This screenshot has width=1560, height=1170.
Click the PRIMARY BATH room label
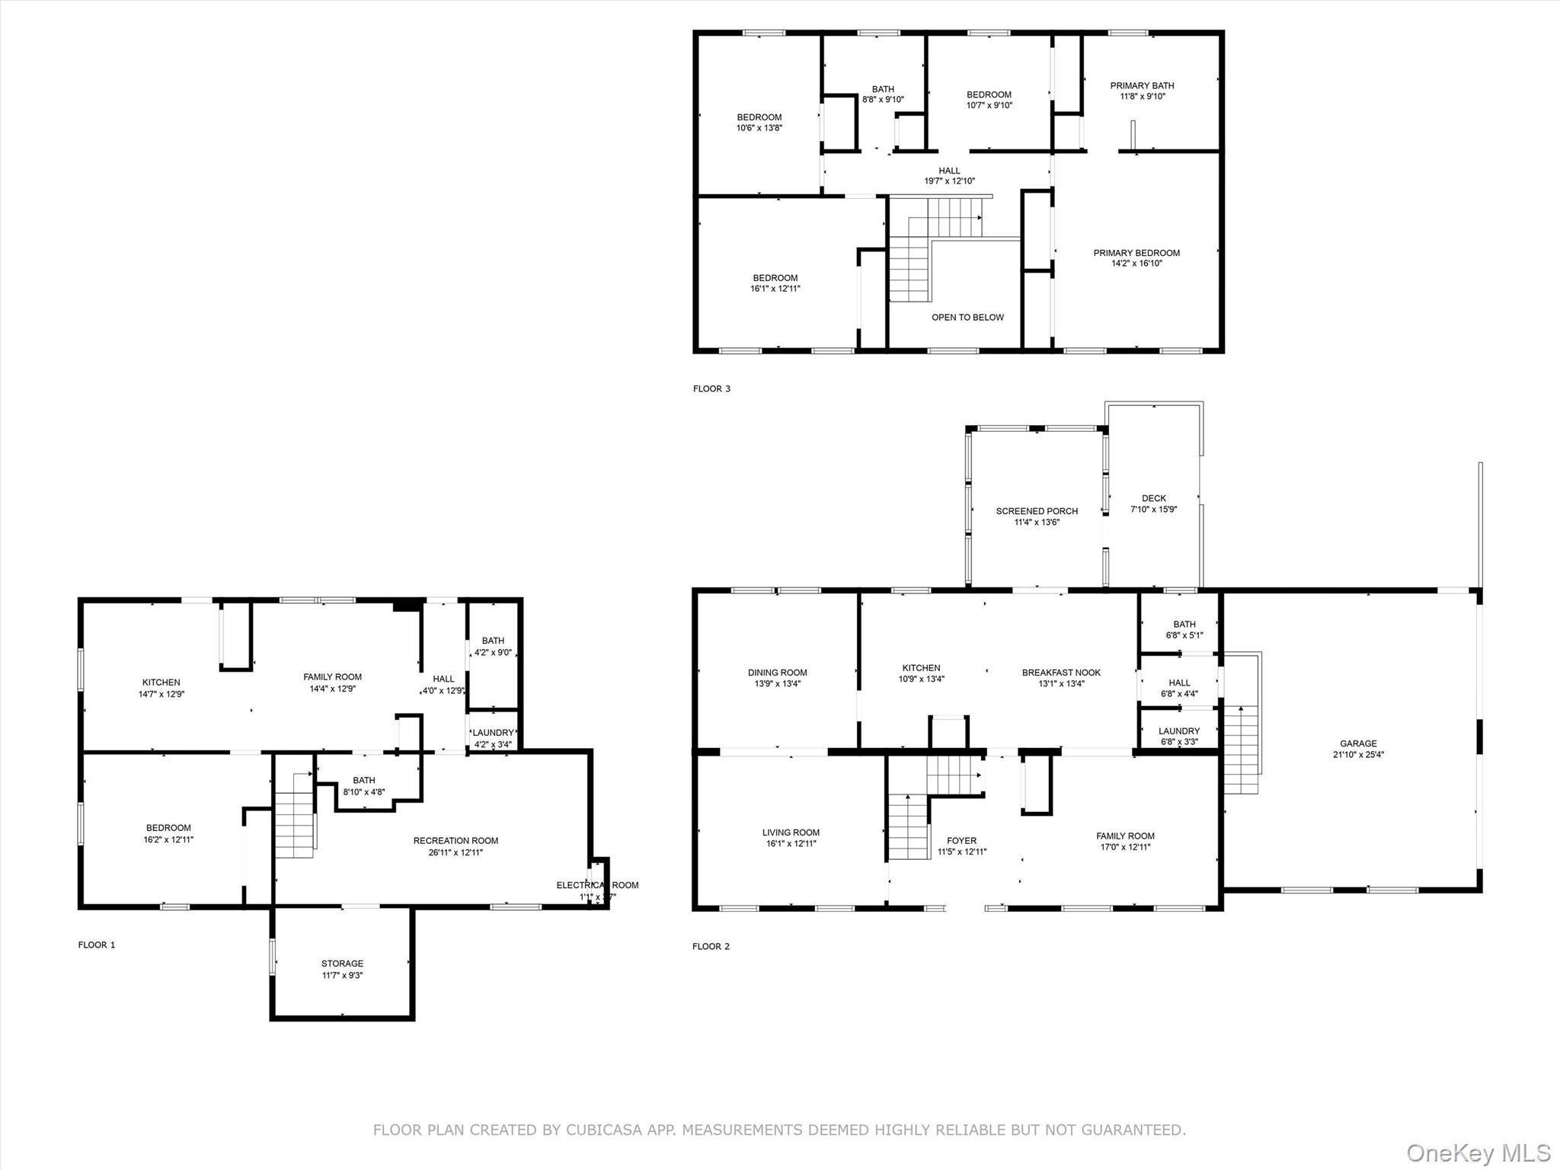click(x=1142, y=85)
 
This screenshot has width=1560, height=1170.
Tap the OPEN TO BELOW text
click(x=967, y=317)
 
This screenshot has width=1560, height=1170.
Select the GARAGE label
click(x=1358, y=743)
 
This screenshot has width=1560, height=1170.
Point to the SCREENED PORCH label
click(x=1037, y=511)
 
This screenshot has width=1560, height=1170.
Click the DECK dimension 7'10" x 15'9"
click(x=1154, y=510)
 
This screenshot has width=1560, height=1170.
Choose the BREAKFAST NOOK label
click(x=1061, y=673)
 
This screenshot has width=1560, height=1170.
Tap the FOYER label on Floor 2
click(x=962, y=841)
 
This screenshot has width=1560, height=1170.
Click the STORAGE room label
click(x=342, y=964)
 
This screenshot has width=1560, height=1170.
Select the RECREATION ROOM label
click(x=456, y=841)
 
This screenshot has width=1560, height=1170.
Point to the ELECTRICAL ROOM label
click(x=597, y=885)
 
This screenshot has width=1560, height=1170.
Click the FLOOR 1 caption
click(x=97, y=945)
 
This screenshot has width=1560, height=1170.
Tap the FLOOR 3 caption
click(x=711, y=388)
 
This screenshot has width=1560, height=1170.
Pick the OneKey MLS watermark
click(x=1478, y=1152)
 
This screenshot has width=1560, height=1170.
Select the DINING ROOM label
click(x=777, y=673)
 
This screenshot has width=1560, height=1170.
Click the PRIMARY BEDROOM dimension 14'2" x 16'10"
click(x=1136, y=264)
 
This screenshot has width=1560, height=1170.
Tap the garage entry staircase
click(x=1241, y=750)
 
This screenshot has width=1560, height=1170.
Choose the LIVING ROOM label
click(x=791, y=833)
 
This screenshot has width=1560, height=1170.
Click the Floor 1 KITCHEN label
click(x=161, y=682)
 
